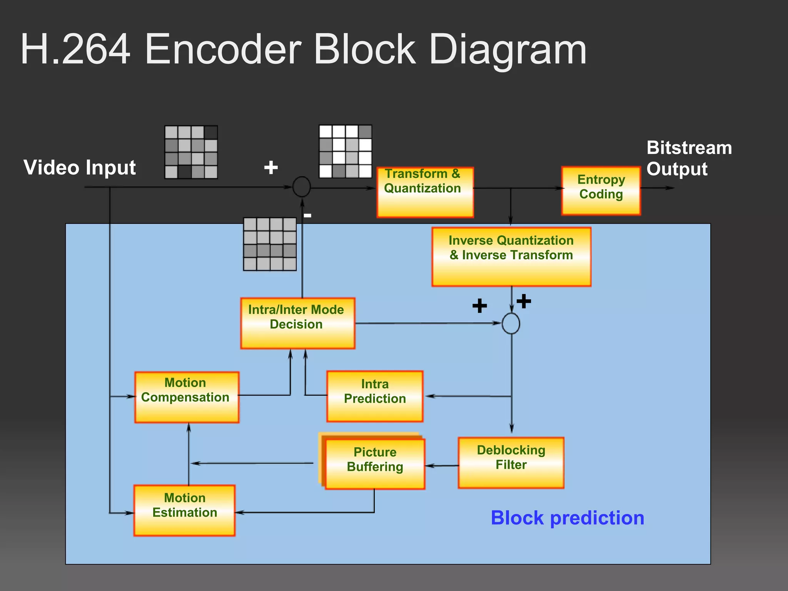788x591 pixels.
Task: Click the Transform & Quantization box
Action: click(425, 192)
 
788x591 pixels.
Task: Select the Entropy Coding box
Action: click(601, 191)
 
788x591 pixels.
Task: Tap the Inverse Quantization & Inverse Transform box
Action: click(511, 257)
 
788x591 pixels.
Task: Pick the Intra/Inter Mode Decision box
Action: click(297, 323)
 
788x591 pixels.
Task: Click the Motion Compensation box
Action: click(187, 397)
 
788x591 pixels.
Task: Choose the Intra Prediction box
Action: click(375, 396)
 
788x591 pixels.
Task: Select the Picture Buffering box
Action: click(375, 464)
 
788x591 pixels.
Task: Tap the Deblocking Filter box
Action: click(511, 462)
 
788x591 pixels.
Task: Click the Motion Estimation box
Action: click(184, 510)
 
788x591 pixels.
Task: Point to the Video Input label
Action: click(80, 168)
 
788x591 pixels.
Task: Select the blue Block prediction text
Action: click(567, 518)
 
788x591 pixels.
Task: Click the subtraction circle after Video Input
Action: click(301, 187)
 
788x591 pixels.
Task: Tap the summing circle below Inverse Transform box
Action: click(511, 323)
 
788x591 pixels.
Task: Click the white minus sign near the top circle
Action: click(307, 215)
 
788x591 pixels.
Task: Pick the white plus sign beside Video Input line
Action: click(271, 168)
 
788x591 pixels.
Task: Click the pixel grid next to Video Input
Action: click(191, 152)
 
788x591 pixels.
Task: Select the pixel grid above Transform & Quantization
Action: click(345, 151)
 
